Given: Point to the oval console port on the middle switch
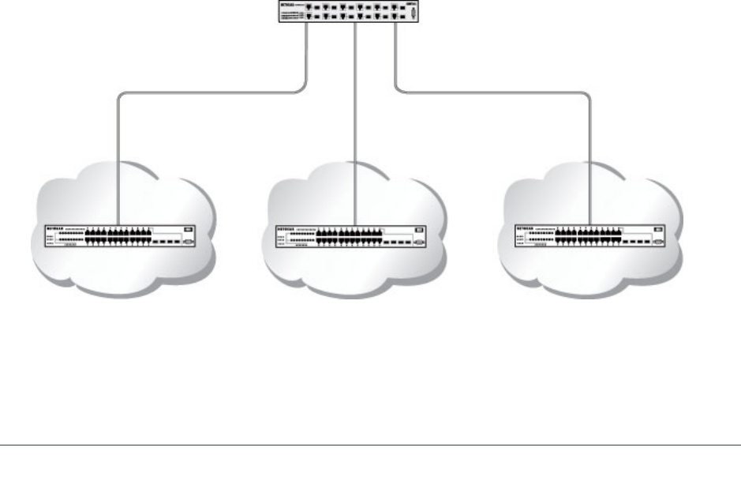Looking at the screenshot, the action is point(418,242).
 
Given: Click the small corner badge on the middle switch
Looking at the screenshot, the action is point(418,230).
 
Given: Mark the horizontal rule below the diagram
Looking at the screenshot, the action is point(370,445).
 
